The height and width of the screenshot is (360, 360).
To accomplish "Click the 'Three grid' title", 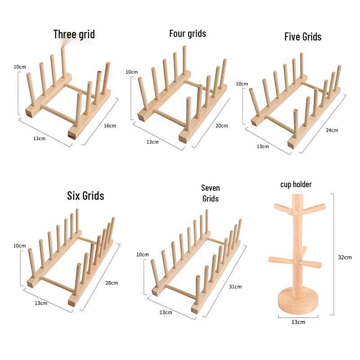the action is (74, 35).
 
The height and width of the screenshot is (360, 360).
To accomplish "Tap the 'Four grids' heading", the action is (188, 33).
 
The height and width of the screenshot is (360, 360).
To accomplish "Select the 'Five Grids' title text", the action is (303, 37).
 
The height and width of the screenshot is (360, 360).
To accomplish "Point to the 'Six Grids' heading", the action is (85, 196).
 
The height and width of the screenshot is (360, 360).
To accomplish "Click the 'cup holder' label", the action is (296, 184).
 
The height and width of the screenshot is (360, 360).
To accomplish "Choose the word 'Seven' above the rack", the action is (211, 188).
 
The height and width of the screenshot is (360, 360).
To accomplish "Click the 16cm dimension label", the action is (110, 126).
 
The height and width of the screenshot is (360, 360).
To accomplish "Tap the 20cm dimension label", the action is (221, 126).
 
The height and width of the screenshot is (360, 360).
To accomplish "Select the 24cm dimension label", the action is (332, 130).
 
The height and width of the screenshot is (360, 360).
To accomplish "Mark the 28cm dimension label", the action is (112, 283).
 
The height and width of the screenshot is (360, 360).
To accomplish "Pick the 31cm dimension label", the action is (235, 287).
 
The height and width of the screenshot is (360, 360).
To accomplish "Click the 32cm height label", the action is (345, 257).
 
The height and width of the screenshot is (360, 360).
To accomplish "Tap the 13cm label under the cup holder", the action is (298, 322).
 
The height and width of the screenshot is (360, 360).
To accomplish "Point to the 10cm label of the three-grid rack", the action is (20, 67).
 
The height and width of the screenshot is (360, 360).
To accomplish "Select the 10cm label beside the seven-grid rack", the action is (143, 254).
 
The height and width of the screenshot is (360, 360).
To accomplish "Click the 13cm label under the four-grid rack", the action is (153, 142).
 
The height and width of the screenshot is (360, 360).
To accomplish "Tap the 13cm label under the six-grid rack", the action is (41, 303).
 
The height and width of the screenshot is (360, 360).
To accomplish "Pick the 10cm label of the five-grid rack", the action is (242, 84).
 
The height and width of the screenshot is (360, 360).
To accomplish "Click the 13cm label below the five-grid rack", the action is (263, 146).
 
